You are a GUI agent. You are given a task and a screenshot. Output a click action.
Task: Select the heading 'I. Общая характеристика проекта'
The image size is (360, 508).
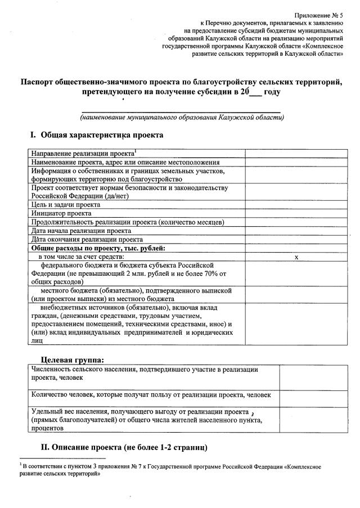[x=97, y=136]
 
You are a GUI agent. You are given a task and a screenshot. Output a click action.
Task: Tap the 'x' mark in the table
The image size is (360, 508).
[x=296, y=257]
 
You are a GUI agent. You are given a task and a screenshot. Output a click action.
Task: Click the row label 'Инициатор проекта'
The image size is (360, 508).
[x=61, y=213]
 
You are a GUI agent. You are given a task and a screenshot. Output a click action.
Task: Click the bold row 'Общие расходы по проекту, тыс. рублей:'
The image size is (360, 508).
[x=98, y=248]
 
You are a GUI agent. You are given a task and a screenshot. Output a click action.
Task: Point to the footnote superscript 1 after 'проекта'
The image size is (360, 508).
[x=136, y=151]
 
